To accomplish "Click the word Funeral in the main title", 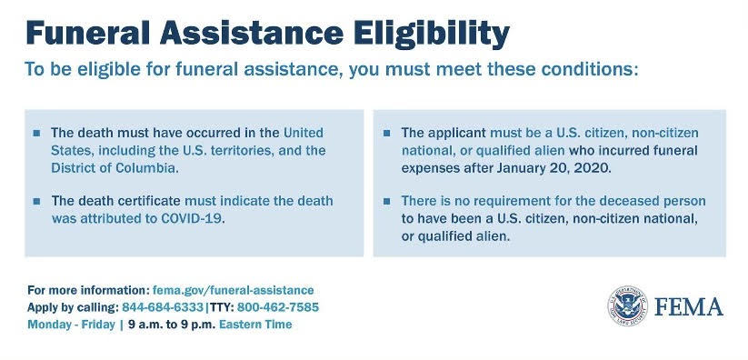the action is pos(88,33).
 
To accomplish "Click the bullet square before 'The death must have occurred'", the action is pos(36,133).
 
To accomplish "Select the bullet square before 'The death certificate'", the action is pos(36,201).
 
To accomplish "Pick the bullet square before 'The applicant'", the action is pos(387,133).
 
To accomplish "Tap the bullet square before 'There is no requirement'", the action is pos(387,201).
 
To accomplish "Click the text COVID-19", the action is pos(192,219).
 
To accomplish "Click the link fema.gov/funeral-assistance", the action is pos(234,290).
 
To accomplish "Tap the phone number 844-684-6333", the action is pos(163,307).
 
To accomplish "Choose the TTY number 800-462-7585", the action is pos(277,307).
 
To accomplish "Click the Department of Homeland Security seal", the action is pos(627,306).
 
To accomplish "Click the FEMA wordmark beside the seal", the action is pos(688,306).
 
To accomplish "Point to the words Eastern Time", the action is pos(255,325).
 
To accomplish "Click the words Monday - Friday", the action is pos(71,325).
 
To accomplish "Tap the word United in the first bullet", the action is pos(304,132).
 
